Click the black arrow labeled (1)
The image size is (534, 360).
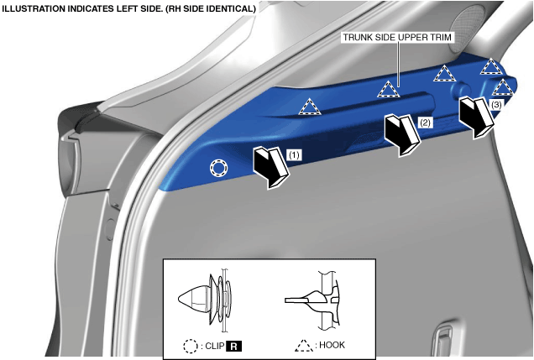(x=270, y=163)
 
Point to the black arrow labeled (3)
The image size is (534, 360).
(x=477, y=115)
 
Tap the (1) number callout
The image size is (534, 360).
(x=293, y=154)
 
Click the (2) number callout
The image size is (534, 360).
(x=425, y=123)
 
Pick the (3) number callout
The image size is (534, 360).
(x=496, y=106)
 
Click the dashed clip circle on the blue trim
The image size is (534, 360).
(x=217, y=168)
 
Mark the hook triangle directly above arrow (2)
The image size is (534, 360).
(x=387, y=89)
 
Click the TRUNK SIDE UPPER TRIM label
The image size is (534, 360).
(x=397, y=39)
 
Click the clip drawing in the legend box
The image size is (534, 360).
(x=205, y=299)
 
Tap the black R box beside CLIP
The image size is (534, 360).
(x=236, y=345)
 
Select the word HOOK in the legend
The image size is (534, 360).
(x=332, y=345)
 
